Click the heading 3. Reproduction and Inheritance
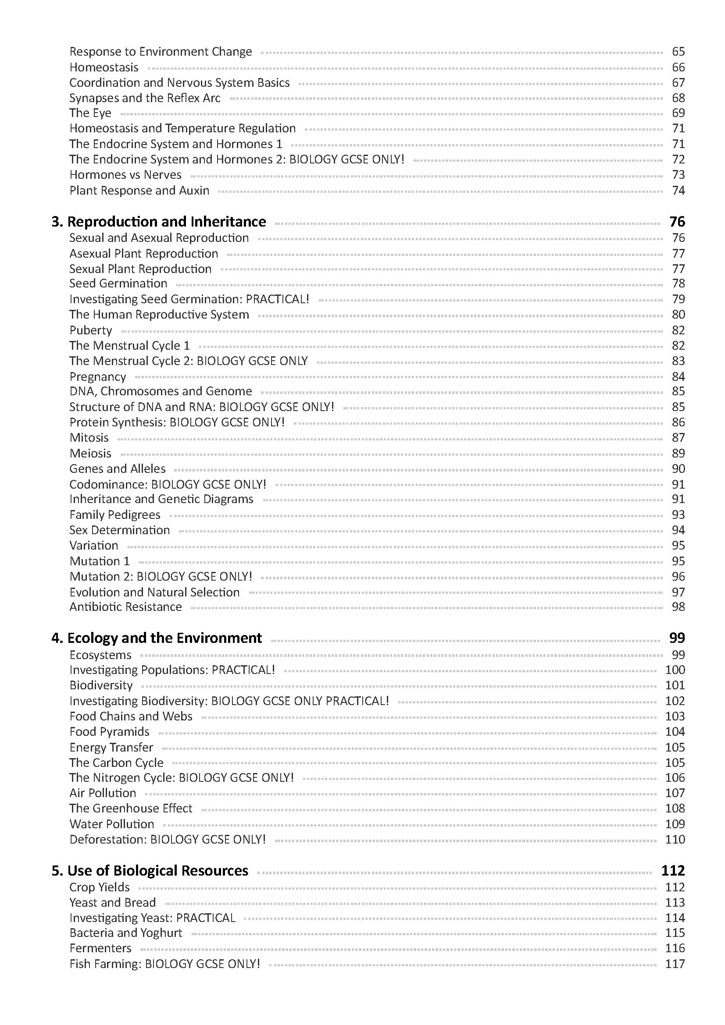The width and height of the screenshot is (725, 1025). click(159, 222)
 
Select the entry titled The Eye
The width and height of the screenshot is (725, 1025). click(90, 113)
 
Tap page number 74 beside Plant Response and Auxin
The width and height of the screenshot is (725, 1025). click(678, 191)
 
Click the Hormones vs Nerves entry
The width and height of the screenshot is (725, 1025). click(125, 175)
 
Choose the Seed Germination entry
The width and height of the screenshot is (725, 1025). click(118, 284)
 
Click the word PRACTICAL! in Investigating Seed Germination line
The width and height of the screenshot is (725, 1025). click(277, 299)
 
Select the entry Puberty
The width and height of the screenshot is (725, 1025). click(91, 330)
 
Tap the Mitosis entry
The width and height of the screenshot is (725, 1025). click(89, 438)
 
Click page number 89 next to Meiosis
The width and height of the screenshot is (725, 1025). click(678, 454)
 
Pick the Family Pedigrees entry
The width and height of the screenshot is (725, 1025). click(115, 515)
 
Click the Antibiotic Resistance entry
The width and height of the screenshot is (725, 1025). click(125, 607)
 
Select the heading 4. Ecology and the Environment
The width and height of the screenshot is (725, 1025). click(156, 638)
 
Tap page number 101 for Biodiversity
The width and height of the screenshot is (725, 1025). click(675, 685)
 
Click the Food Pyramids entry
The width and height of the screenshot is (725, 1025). click(110, 732)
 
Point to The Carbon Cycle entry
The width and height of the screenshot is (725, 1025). click(116, 763)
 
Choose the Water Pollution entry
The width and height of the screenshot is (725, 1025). click(112, 824)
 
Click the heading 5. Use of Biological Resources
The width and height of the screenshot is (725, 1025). click(150, 871)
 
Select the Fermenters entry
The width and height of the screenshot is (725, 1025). click(100, 948)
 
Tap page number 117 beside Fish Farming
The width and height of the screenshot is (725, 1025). click(675, 964)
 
